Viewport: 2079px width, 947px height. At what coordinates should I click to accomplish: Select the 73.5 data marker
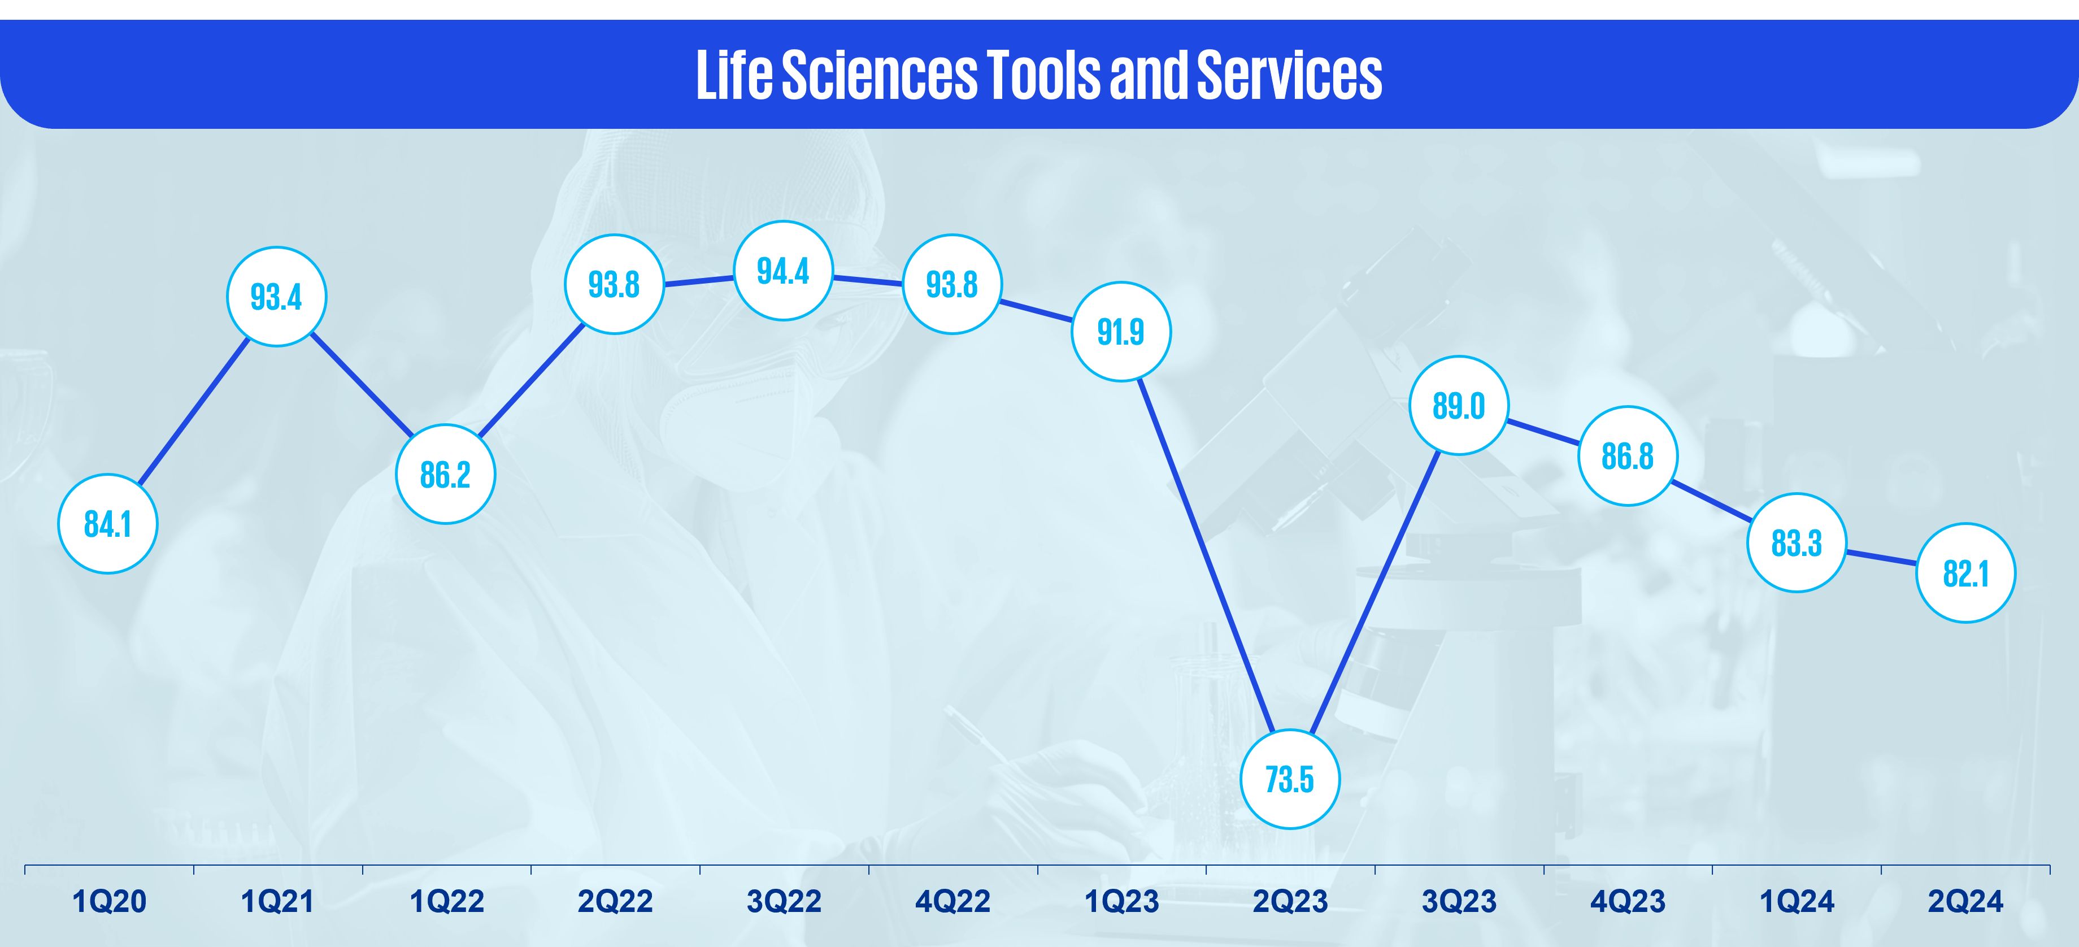tap(1290, 779)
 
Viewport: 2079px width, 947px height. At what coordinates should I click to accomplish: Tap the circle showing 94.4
tap(783, 271)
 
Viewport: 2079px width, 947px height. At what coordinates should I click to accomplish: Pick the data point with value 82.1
tap(1966, 573)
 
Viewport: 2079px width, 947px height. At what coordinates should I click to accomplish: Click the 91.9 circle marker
tap(1121, 332)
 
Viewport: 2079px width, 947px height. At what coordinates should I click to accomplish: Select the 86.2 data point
tap(446, 474)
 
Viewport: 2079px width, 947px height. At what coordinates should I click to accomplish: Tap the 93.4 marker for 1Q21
tap(276, 296)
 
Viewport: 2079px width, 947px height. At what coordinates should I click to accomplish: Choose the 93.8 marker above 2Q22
tap(614, 284)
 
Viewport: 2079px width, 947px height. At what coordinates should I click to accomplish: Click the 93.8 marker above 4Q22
tap(952, 284)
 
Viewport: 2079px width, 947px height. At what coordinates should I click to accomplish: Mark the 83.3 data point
tap(1797, 542)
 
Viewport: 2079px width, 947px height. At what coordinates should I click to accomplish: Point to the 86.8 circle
tap(1628, 456)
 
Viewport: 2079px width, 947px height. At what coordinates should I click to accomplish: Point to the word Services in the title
tap(1289, 75)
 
